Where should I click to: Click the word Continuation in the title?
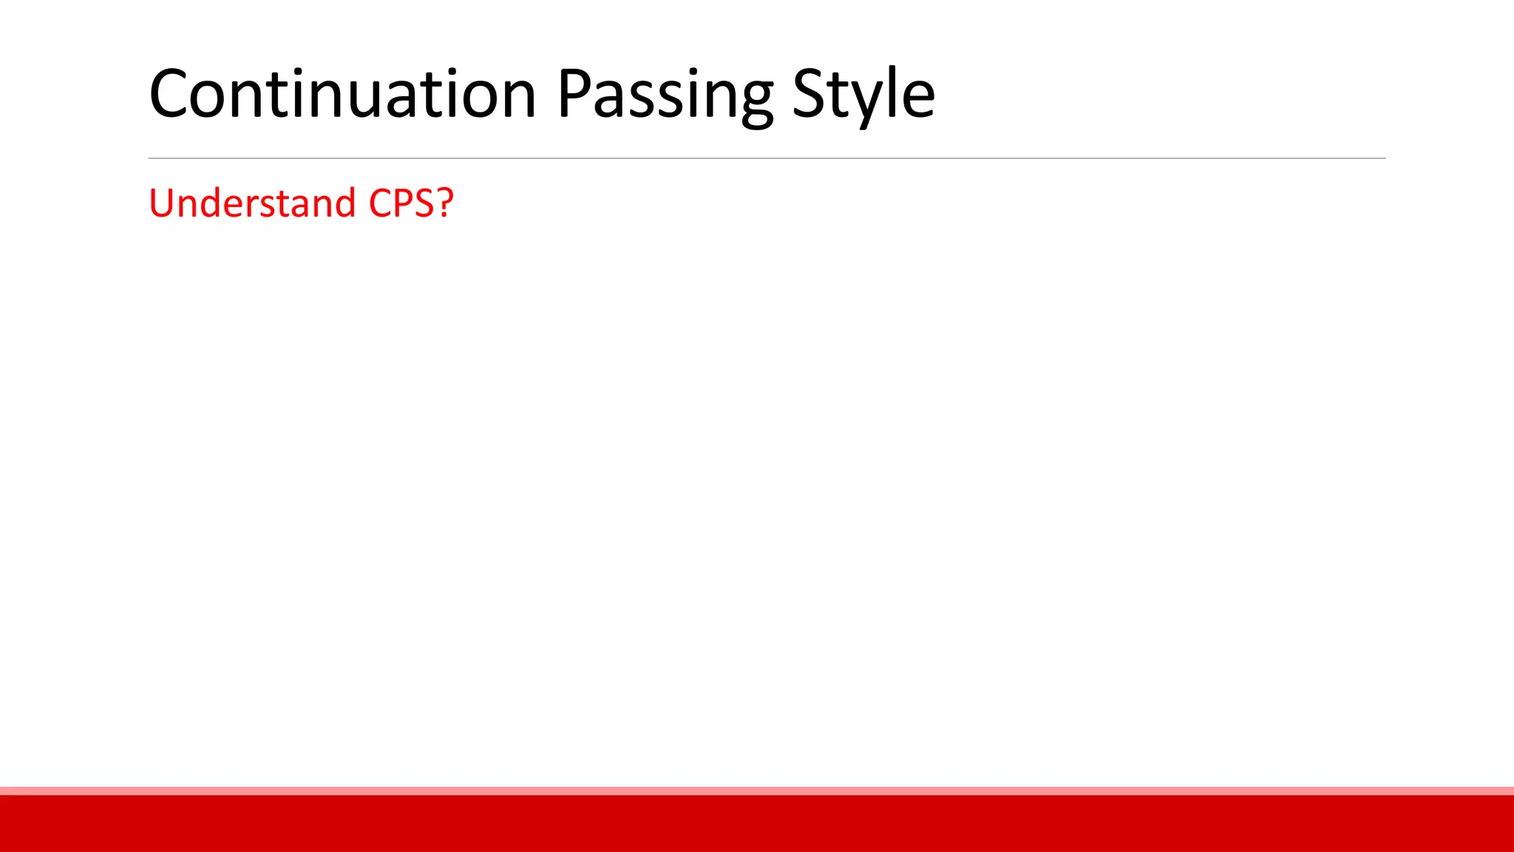click(x=342, y=94)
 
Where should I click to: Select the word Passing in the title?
click(x=665, y=94)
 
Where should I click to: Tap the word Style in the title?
click(x=863, y=94)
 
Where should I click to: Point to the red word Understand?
click(x=252, y=203)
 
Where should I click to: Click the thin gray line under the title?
click(x=767, y=158)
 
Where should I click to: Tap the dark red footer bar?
click(x=757, y=824)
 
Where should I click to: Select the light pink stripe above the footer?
click(x=757, y=791)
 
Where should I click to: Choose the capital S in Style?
click(x=809, y=94)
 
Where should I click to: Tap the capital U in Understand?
click(x=162, y=203)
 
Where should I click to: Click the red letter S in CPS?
click(x=424, y=203)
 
